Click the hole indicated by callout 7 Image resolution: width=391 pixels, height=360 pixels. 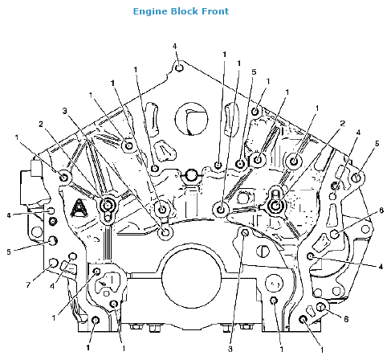tap(54, 264)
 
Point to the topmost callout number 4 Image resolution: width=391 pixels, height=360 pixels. tap(175, 47)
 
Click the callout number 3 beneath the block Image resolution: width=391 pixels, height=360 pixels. tap(230, 350)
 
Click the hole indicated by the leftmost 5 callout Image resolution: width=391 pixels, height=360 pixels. tap(53, 240)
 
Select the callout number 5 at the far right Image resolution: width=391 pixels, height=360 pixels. tap(376, 144)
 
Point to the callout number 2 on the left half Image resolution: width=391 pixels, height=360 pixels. tap(40, 124)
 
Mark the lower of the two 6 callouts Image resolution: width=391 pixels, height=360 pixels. tap(346, 319)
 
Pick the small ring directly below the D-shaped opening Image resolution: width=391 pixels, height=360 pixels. tap(190, 174)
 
